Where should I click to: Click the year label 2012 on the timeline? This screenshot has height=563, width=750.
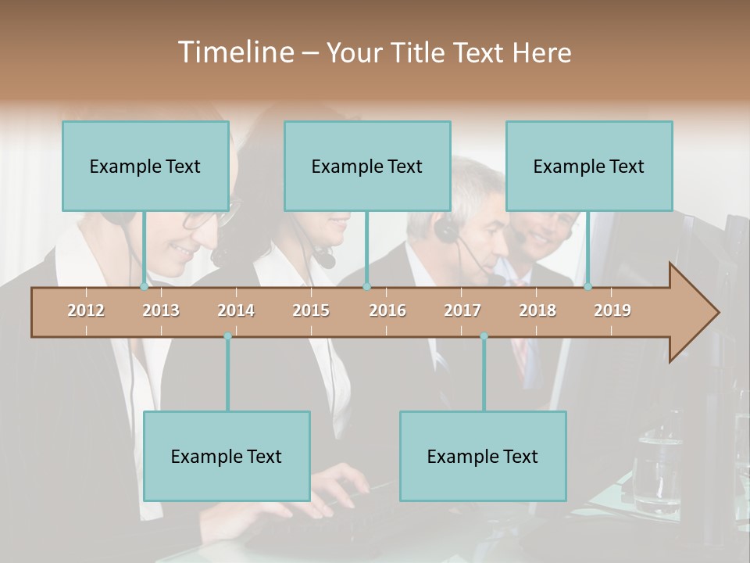click(x=86, y=310)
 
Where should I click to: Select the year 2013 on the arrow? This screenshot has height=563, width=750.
click(x=161, y=310)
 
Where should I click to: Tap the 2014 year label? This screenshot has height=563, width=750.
click(x=236, y=310)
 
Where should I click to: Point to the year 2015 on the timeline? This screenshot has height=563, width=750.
click(x=311, y=310)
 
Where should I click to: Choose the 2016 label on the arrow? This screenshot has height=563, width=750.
click(x=387, y=310)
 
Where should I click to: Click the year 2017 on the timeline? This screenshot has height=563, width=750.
click(x=462, y=310)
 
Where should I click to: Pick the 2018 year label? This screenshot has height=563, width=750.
click(x=537, y=310)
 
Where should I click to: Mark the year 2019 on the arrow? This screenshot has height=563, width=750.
click(x=612, y=310)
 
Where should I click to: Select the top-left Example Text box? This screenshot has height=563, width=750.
click(x=145, y=166)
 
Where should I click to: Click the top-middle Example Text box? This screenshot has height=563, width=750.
click(x=367, y=166)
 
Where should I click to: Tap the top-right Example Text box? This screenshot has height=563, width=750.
click(x=589, y=166)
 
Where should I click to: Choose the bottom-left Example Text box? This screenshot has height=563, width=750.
click(x=227, y=456)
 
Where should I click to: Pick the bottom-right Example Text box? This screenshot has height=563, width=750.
click(x=483, y=456)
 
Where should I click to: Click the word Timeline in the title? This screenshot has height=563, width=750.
click(x=235, y=52)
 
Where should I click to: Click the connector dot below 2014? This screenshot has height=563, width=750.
click(x=227, y=336)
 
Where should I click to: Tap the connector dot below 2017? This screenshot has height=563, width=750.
click(x=484, y=336)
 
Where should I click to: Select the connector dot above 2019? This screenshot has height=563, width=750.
click(x=587, y=286)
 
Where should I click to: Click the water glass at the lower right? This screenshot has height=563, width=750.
click(x=656, y=469)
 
